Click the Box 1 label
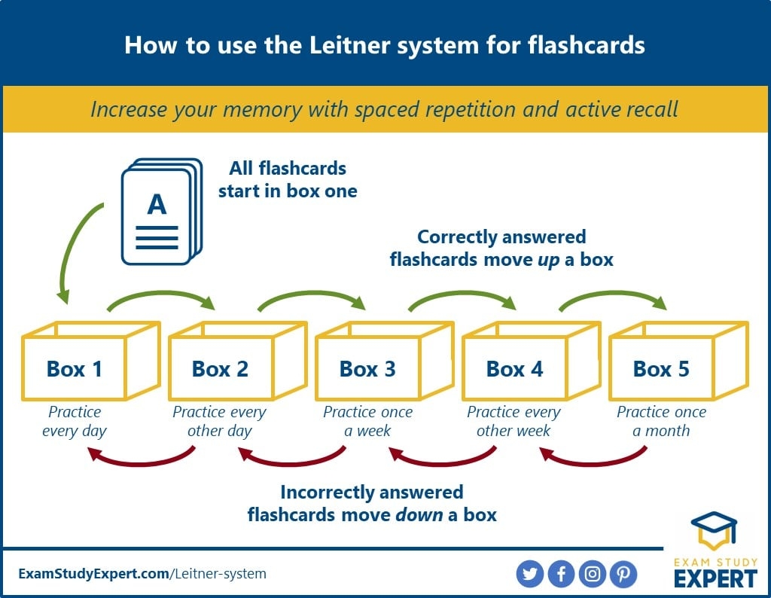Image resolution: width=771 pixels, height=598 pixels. [x=74, y=369]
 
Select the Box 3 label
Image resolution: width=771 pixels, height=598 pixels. [x=367, y=369]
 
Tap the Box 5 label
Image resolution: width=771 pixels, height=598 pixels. [x=660, y=369]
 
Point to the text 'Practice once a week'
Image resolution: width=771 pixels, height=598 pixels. [x=367, y=422]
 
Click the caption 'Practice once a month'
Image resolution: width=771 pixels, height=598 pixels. [x=661, y=422]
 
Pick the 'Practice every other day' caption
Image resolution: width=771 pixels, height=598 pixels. [x=219, y=422]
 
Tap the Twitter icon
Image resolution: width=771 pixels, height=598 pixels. [x=530, y=574]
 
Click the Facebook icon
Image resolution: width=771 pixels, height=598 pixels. [x=562, y=574]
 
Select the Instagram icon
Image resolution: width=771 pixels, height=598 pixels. [x=593, y=574]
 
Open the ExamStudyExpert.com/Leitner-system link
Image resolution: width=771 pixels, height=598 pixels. [x=142, y=574]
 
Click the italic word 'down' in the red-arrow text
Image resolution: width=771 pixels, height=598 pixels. [x=418, y=515]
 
